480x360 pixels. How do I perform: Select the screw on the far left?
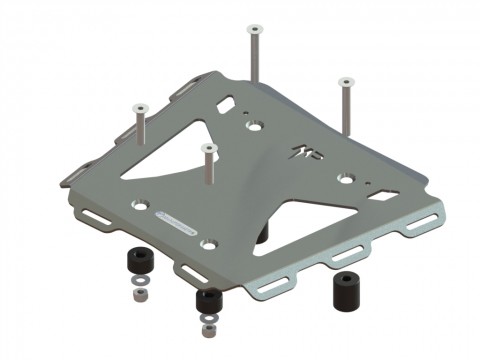[138, 125]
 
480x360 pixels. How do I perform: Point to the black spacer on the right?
[346, 290]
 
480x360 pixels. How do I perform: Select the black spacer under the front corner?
[208, 300]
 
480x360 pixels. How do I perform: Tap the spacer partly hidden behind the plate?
[265, 232]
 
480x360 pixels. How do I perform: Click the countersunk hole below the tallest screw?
[255, 125]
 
